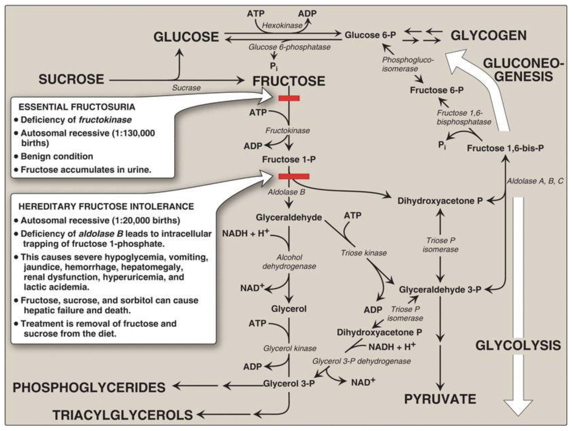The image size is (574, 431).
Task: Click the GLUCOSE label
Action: coord(186,37)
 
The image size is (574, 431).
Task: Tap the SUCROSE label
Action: coord(71,79)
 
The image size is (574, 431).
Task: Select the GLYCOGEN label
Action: coord(489,35)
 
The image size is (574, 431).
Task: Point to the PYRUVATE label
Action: coord(440,399)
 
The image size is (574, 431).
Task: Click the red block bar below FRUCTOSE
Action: coord(289,98)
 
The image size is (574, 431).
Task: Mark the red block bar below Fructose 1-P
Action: coord(294,176)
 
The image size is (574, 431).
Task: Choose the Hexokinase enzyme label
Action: coord(282,26)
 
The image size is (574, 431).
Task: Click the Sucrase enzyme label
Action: coord(186,88)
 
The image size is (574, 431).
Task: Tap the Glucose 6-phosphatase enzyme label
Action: coord(289,47)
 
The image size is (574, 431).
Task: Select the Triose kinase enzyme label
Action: coord(364,253)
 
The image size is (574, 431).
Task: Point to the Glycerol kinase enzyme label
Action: coord(290,348)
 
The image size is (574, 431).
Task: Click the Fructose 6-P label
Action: coord(436,90)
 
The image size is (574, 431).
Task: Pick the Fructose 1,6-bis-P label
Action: coord(505,148)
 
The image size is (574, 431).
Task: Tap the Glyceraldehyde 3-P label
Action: coord(440,289)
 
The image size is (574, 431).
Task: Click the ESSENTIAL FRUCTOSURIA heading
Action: coord(77,107)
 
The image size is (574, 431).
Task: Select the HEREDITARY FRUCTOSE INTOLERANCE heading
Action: coord(106,206)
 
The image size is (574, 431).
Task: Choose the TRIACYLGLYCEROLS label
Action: coord(122,415)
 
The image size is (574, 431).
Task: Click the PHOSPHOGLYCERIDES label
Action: coord(89,387)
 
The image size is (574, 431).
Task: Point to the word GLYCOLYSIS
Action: coord(518,345)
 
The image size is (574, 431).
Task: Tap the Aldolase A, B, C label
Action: coord(535,181)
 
